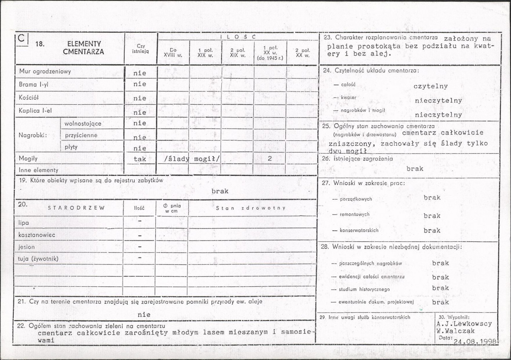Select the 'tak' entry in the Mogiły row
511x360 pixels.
tap(140, 159)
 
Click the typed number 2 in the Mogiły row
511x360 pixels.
tap(270, 159)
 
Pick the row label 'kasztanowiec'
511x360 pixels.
tap(37, 234)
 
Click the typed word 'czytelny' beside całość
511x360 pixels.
tap(431, 86)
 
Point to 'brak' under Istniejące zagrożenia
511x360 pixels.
tap(415, 169)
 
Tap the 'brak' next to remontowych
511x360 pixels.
tap(432, 216)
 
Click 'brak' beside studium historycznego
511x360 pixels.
tap(440, 288)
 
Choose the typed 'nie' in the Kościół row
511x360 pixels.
tap(140, 98)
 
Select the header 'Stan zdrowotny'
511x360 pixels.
tap(250, 208)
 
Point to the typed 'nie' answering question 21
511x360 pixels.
tap(144, 315)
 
